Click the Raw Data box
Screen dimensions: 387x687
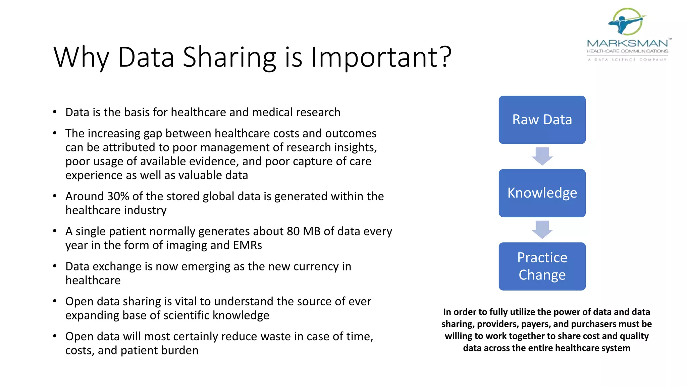point(542,120)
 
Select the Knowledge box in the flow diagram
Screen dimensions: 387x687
point(542,193)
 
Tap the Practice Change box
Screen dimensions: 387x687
point(542,266)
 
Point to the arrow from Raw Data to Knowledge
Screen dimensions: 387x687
point(542,156)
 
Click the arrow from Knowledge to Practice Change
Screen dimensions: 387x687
point(542,229)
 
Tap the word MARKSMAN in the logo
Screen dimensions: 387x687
point(627,43)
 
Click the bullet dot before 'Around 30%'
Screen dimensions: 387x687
point(55,196)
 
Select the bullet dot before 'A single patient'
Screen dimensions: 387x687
point(55,231)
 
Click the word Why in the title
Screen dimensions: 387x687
point(81,57)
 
